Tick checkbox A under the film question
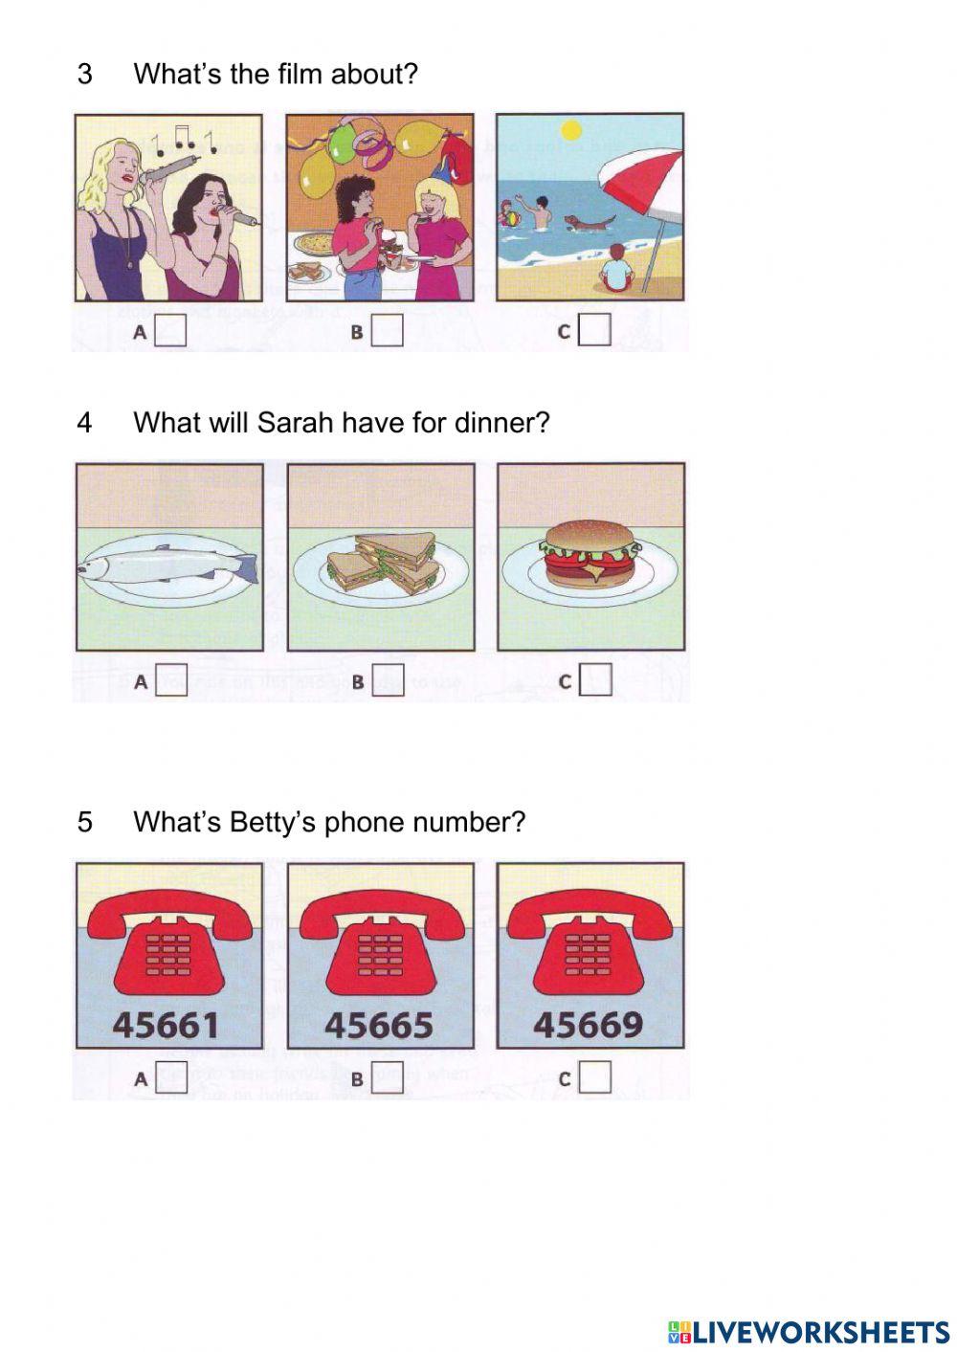(x=170, y=331)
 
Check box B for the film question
(x=387, y=332)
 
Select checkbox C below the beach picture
(x=594, y=331)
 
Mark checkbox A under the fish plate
(x=170, y=680)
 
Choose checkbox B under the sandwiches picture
(x=387, y=681)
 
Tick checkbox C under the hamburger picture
(x=594, y=680)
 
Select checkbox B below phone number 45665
(x=387, y=1078)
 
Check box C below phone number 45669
(x=594, y=1077)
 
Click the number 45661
(x=167, y=1026)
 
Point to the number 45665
(x=379, y=1026)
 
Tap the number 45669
(x=588, y=1025)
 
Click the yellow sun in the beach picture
(x=571, y=128)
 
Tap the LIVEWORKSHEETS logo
(x=808, y=1331)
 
